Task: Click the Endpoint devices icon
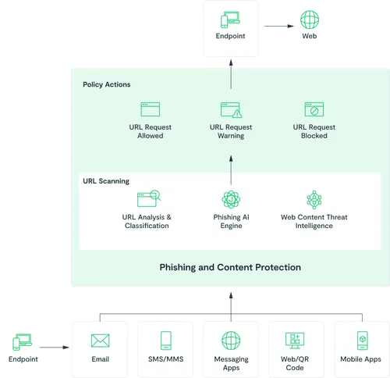point(231,20)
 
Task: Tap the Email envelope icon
point(100,341)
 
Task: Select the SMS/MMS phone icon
point(165,341)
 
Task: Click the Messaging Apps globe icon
point(231,341)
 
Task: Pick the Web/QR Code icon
point(296,341)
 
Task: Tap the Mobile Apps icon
point(361,341)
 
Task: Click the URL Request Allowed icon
point(150,109)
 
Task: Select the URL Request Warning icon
point(231,109)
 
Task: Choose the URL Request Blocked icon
point(314,109)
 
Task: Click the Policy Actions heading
point(107,84)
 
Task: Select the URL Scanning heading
point(106,180)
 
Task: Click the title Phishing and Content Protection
point(230,267)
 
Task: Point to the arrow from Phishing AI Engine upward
point(231,167)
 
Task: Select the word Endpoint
point(231,36)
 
